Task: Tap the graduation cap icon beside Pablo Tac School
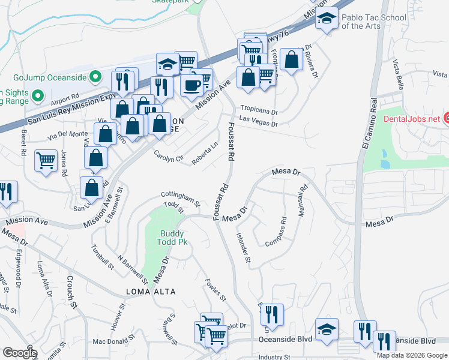tap(327, 19)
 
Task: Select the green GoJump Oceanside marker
tap(94, 77)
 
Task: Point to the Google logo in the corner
tap(20, 353)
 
